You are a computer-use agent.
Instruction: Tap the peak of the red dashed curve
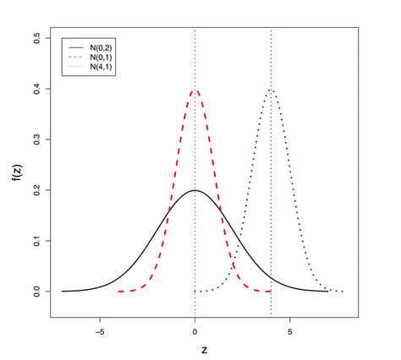pos(195,90)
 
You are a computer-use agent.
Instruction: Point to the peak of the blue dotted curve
pos(271,90)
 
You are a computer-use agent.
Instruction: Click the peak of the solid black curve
pos(195,190)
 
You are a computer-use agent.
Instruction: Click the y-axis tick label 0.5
pos(35,38)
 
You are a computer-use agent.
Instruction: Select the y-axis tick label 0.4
pos(35,89)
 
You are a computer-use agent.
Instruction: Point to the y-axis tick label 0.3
pos(35,139)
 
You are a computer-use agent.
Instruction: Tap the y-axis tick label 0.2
pos(35,190)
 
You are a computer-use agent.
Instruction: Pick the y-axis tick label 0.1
pos(35,241)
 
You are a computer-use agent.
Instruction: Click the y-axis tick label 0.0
pos(35,292)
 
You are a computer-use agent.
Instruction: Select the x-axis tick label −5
pos(99,331)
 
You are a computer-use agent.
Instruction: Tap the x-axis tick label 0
pos(195,331)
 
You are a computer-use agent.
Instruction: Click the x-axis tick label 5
pos(290,331)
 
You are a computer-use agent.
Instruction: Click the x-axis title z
pos(203,350)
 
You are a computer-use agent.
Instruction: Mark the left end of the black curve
pos(62,291)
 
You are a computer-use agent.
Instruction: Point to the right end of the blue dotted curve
pos(343,291)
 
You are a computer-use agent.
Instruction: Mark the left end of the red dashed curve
pos(118,291)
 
